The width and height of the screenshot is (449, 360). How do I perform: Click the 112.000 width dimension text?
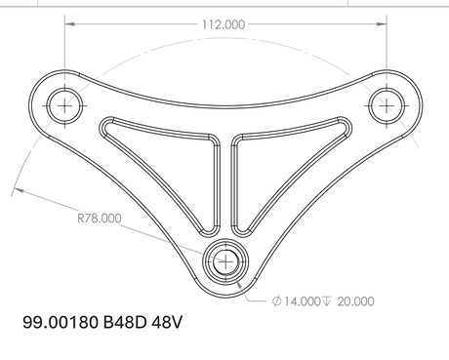coord(224,24)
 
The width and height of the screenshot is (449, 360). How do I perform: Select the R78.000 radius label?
coord(100,218)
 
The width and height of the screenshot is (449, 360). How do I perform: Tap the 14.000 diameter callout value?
coord(303,301)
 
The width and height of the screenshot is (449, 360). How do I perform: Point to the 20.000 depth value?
coord(355,301)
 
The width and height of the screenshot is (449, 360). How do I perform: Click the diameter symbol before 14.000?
coord(276,301)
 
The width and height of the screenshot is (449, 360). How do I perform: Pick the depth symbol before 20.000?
coord(326,301)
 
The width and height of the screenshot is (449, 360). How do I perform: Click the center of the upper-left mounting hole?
coord(64,105)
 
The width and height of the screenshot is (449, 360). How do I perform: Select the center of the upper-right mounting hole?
coord(387,105)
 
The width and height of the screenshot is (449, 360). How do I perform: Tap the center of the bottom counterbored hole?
coord(225,261)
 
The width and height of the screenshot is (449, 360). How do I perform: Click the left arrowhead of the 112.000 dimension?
coord(70,23)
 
